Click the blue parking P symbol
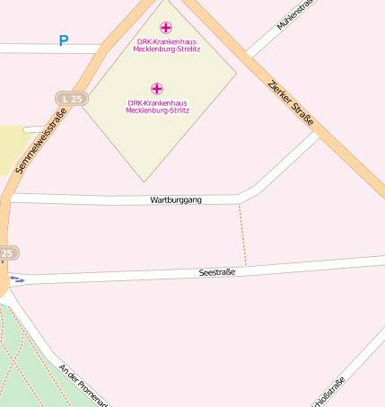63,40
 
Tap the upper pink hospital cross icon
166,28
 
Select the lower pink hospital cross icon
157,88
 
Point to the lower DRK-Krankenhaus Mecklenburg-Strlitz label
158,105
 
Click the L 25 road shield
71,97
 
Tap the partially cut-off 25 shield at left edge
7,254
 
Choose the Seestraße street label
216,271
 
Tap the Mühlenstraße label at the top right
296,15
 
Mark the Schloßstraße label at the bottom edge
328,392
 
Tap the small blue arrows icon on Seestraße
16,279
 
